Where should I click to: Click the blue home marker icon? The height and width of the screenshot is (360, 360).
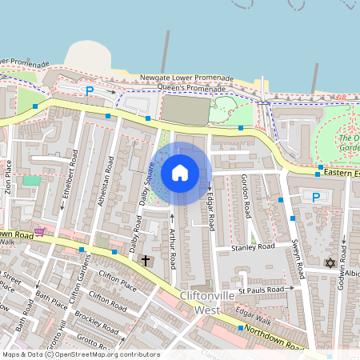pyautogui.click(x=180, y=173)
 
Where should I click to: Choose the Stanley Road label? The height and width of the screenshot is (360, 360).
pyautogui.click(x=253, y=247)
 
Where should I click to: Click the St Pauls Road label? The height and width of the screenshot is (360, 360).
pyautogui.click(x=261, y=289)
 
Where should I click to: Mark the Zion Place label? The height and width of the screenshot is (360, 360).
pyautogui.click(x=8, y=179)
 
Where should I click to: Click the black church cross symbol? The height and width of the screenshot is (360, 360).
pyautogui.click(x=146, y=261)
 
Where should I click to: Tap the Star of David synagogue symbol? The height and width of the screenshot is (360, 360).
pyautogui.click(x=328, y=262)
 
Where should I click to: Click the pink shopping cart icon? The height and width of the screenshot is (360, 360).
pyautogui.click(x=39, y=231)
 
